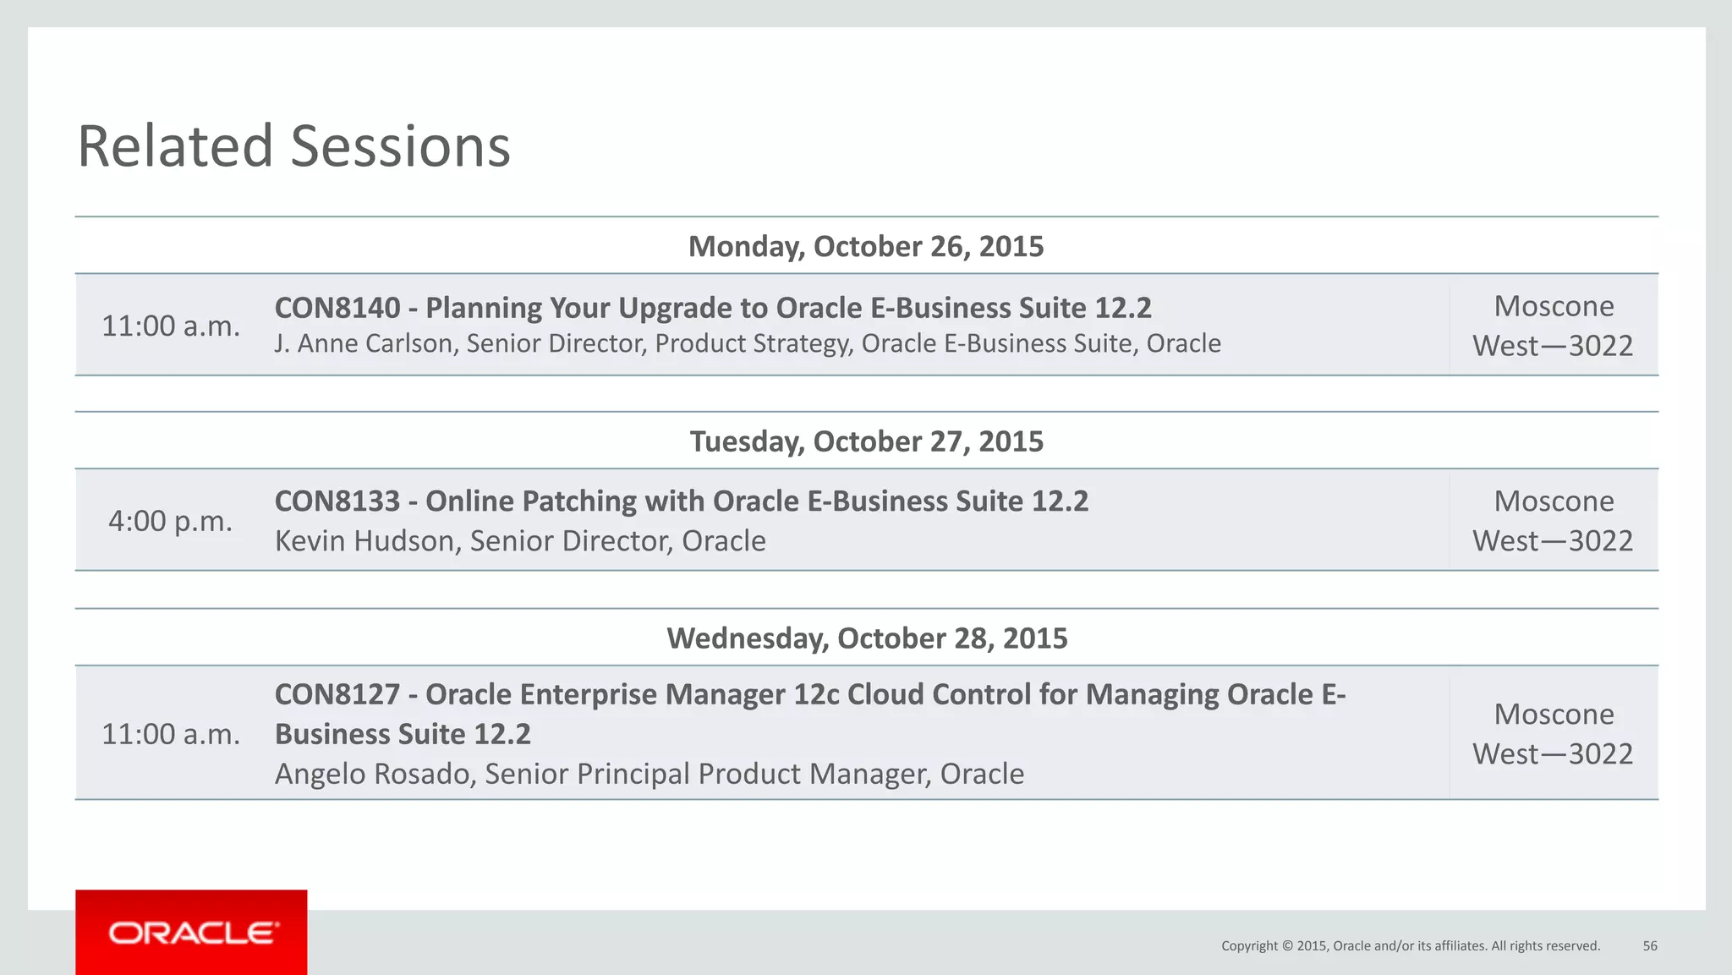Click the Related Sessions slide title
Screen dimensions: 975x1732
293,146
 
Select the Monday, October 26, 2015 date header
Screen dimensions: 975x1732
866,246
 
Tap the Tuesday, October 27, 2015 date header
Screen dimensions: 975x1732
866,441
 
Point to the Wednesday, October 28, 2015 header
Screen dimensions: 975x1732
866,638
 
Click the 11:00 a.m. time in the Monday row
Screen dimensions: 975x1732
171,326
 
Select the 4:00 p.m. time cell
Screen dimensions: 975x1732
171,521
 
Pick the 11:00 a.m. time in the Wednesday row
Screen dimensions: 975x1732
171,734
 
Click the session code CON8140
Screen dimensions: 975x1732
337,308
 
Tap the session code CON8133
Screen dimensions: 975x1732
337,501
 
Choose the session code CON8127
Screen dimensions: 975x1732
337,694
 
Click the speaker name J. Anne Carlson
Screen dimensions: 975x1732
364,343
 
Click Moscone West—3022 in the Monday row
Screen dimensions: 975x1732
1553,326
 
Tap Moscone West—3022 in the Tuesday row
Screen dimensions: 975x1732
1553,521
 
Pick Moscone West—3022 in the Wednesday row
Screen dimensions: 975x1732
1553,734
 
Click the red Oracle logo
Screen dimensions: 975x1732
191,933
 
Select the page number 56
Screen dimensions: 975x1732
1650,946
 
